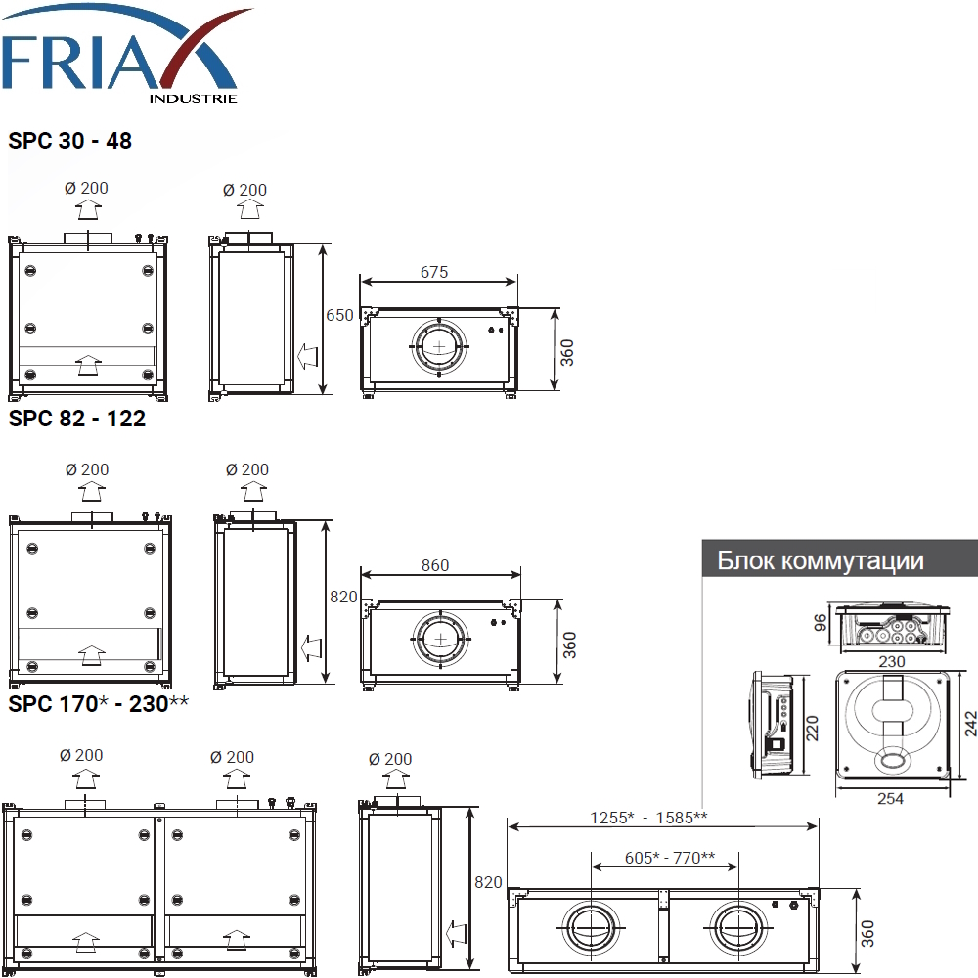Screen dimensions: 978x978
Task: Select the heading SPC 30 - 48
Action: click(x=69, y=141)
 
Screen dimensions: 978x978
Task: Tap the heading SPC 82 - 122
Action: click(x=76, y=419)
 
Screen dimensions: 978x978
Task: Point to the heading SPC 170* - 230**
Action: click(x=98, y=703)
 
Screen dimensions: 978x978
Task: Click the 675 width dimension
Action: click(x=434, y=272)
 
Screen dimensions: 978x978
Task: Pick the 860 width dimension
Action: click(x=435, y=565)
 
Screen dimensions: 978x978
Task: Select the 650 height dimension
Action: click(x=339, y=315)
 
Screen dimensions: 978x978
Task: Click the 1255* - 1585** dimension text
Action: click(x=648, y=817)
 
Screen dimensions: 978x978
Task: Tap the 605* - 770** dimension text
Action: click(x=670, y=858)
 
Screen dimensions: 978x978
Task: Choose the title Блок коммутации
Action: click(x=821, y=560)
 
